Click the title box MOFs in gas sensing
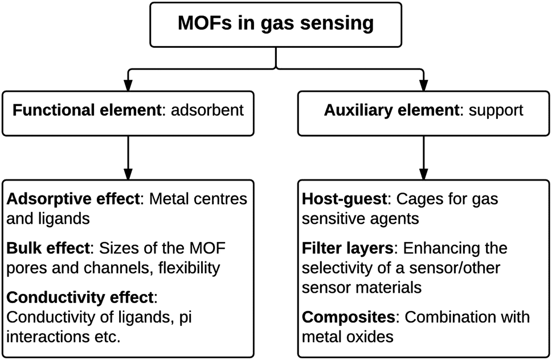(276, 24)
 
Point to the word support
(495, 110)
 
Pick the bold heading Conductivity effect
(79, 297)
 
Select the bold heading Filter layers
(349, 248)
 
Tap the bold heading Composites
(347, 316)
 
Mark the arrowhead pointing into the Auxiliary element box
(422, 82)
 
